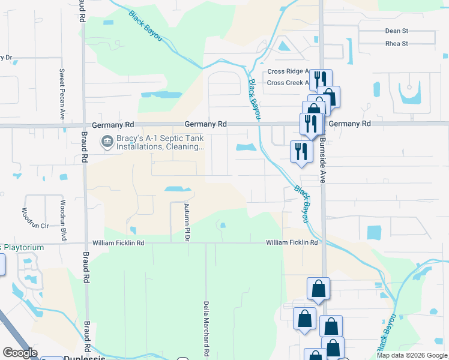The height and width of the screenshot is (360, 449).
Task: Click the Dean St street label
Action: pos(396,31)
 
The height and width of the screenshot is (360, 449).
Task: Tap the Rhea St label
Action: pos(396,44)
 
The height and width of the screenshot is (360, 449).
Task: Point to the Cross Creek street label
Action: pos(288,83)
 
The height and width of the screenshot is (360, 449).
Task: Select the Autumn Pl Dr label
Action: pos(187,222)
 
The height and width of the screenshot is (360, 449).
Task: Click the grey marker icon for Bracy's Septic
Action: pos(107,142)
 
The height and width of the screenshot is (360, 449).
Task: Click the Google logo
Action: pos(20,353)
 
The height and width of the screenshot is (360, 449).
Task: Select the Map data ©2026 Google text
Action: pos(411,355)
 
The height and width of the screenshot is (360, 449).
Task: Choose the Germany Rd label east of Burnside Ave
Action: pos(350,124)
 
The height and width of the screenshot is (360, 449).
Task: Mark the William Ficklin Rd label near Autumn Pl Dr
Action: pos(118,243)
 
